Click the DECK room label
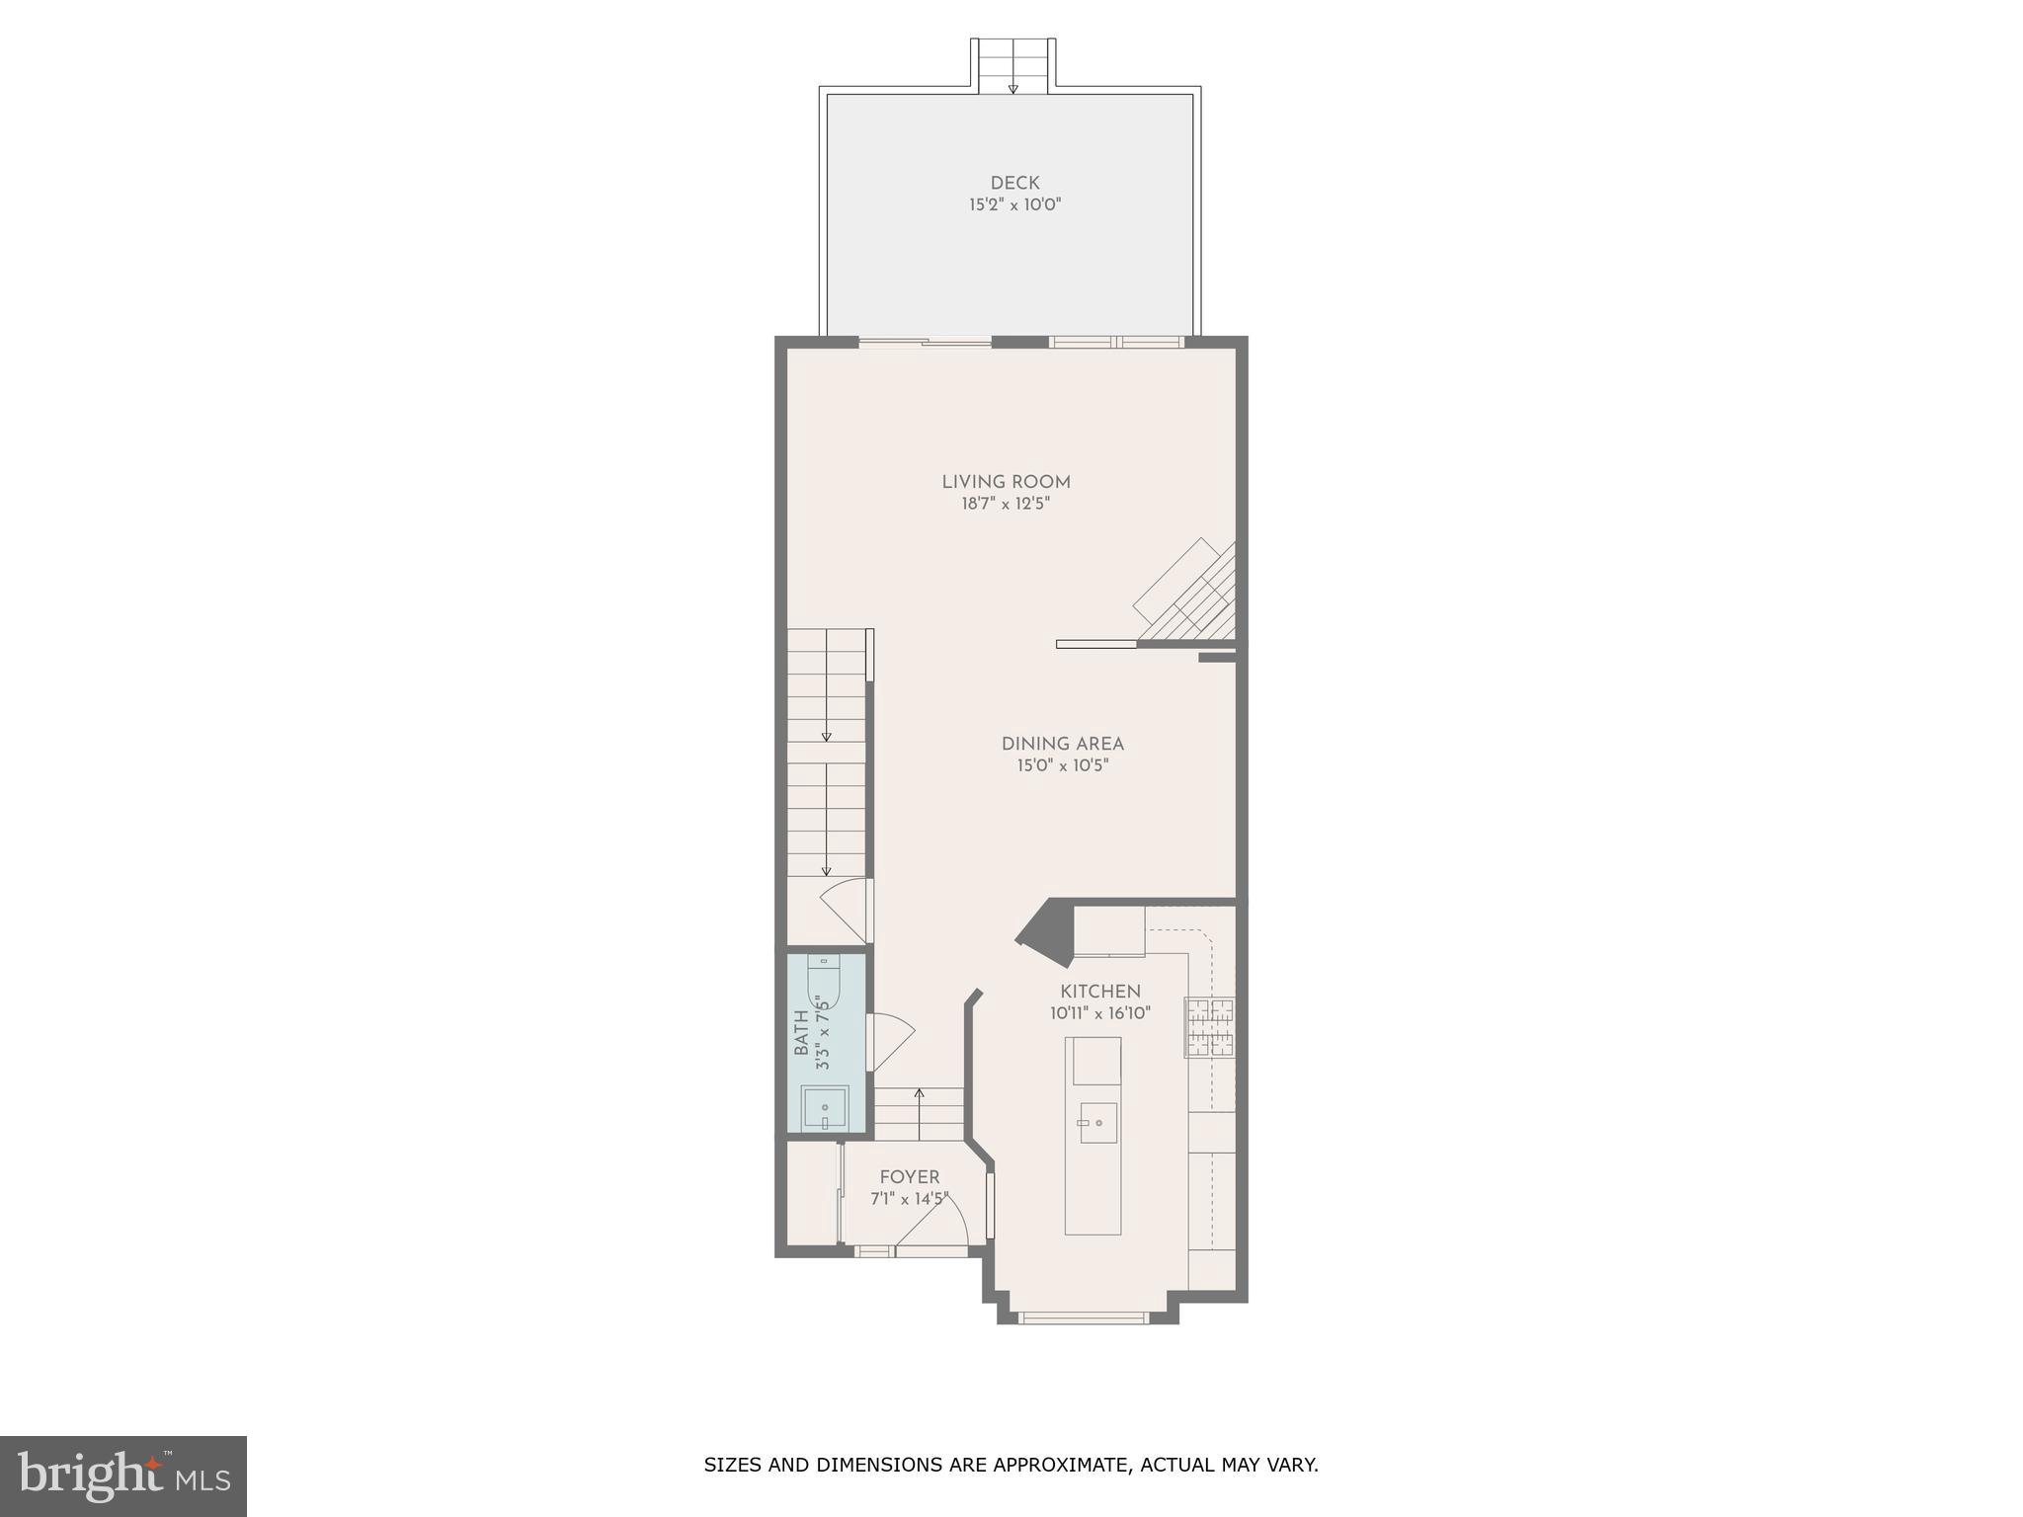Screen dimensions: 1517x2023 click(1014, 183)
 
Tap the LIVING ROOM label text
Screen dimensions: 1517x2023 click(1006, 482)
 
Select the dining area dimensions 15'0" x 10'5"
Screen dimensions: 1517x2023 click(1062, 765)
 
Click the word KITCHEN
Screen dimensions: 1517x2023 click(1100, 992)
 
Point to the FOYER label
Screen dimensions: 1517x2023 click(910, 1177)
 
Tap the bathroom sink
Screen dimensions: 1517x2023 click(825, 1109)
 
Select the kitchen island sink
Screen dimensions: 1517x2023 click(1097, 1123)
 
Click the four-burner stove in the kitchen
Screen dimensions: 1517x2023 click(1210, 1027)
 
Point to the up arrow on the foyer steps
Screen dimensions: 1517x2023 click(919, 1095)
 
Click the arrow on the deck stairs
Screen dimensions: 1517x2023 click(1012, 88)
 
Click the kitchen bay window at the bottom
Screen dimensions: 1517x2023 click(1083, 1317)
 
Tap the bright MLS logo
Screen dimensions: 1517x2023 click(123, 1477)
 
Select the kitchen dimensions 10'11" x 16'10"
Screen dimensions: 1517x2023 click(1100, 1013)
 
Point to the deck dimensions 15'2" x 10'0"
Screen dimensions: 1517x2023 click(1014, 205)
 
